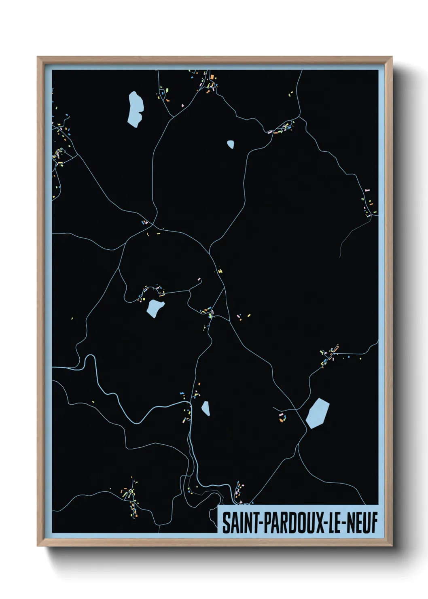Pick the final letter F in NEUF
tap(374, 523)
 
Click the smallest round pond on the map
tap(231, 144)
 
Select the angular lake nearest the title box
tap(317, 413)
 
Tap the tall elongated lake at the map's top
tap(135, 108)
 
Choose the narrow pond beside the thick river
tap(206, 408)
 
